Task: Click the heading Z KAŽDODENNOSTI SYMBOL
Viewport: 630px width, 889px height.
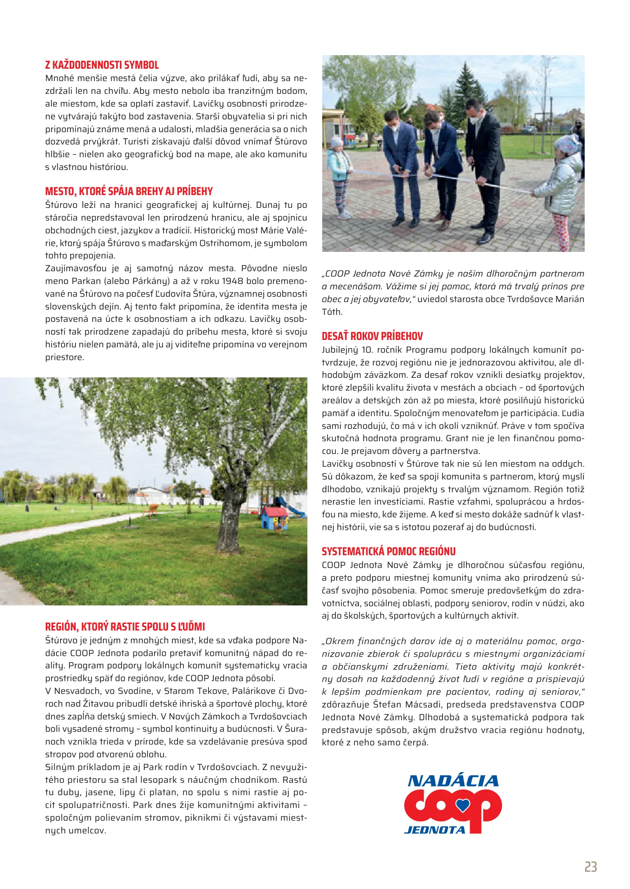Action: click(102, 65)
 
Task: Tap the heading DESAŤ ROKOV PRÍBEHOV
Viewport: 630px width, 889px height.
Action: click(372, 336)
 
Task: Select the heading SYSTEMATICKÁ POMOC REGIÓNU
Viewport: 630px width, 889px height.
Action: click(389, 552)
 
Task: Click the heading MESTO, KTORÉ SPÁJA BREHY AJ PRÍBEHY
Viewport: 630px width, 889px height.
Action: click(129, 191)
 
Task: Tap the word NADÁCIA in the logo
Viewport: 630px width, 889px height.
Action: click(453, 780)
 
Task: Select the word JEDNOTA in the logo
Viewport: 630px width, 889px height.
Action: click(435, 830)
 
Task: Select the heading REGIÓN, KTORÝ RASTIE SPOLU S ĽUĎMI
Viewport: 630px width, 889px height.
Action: click(125, 627)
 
